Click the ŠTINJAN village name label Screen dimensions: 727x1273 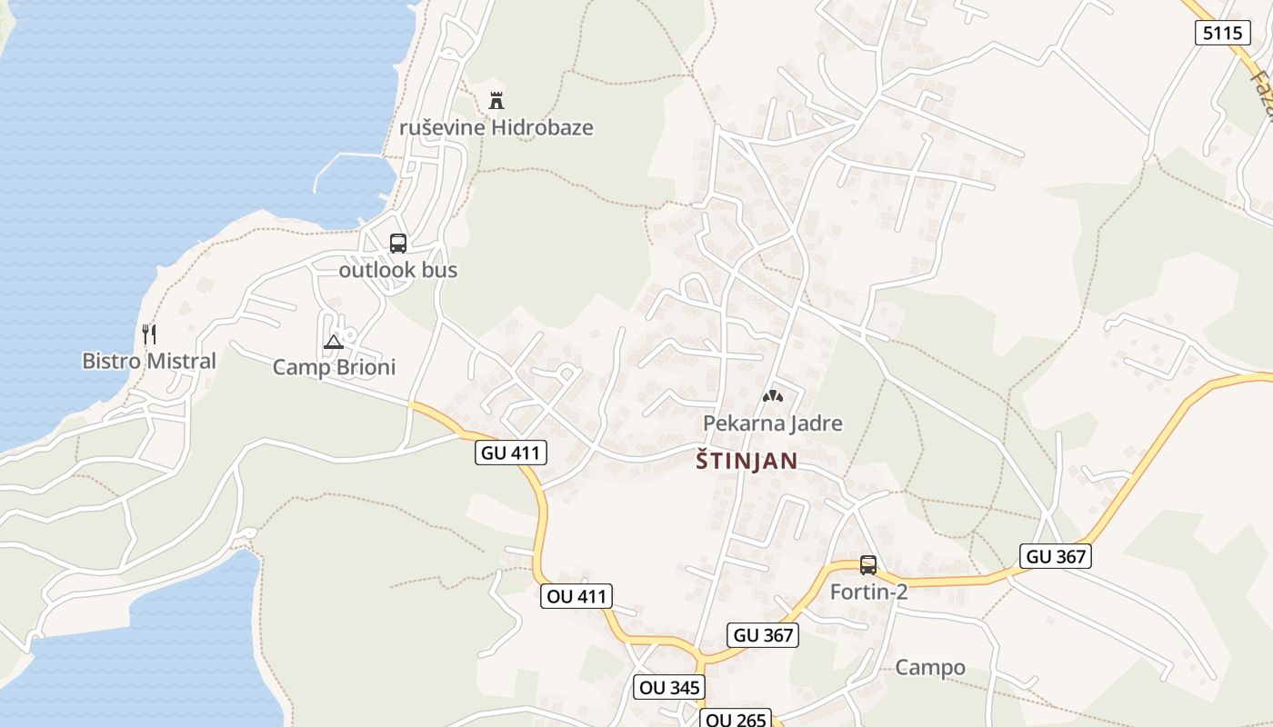click(747, 461)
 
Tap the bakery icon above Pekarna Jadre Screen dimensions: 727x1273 click(773, 396)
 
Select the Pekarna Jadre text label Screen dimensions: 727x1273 click(772, 423)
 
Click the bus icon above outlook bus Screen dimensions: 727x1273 click(398, 244)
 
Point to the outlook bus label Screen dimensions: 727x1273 click(398, 270)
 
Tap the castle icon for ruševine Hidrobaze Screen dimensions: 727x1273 click(496, 100)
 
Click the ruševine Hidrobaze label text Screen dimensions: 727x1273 click(496, 127)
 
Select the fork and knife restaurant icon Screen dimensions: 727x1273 click(149, 334)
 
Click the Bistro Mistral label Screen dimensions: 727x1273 click(149, 361)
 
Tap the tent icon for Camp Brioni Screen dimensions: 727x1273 click(334, 342)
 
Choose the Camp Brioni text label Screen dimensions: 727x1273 click(334, 367)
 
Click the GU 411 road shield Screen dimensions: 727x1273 click(511, 453)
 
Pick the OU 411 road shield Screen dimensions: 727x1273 click(576, 596)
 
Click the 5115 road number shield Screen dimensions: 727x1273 click(1220, 33)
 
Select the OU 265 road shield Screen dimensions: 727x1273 click(736, 720)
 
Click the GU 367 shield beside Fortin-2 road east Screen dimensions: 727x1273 click(1055, 556)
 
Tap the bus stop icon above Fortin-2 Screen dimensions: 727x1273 click(868, 565)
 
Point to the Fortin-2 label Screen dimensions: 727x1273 click(868, 592)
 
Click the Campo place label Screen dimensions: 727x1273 click(930, 668)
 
